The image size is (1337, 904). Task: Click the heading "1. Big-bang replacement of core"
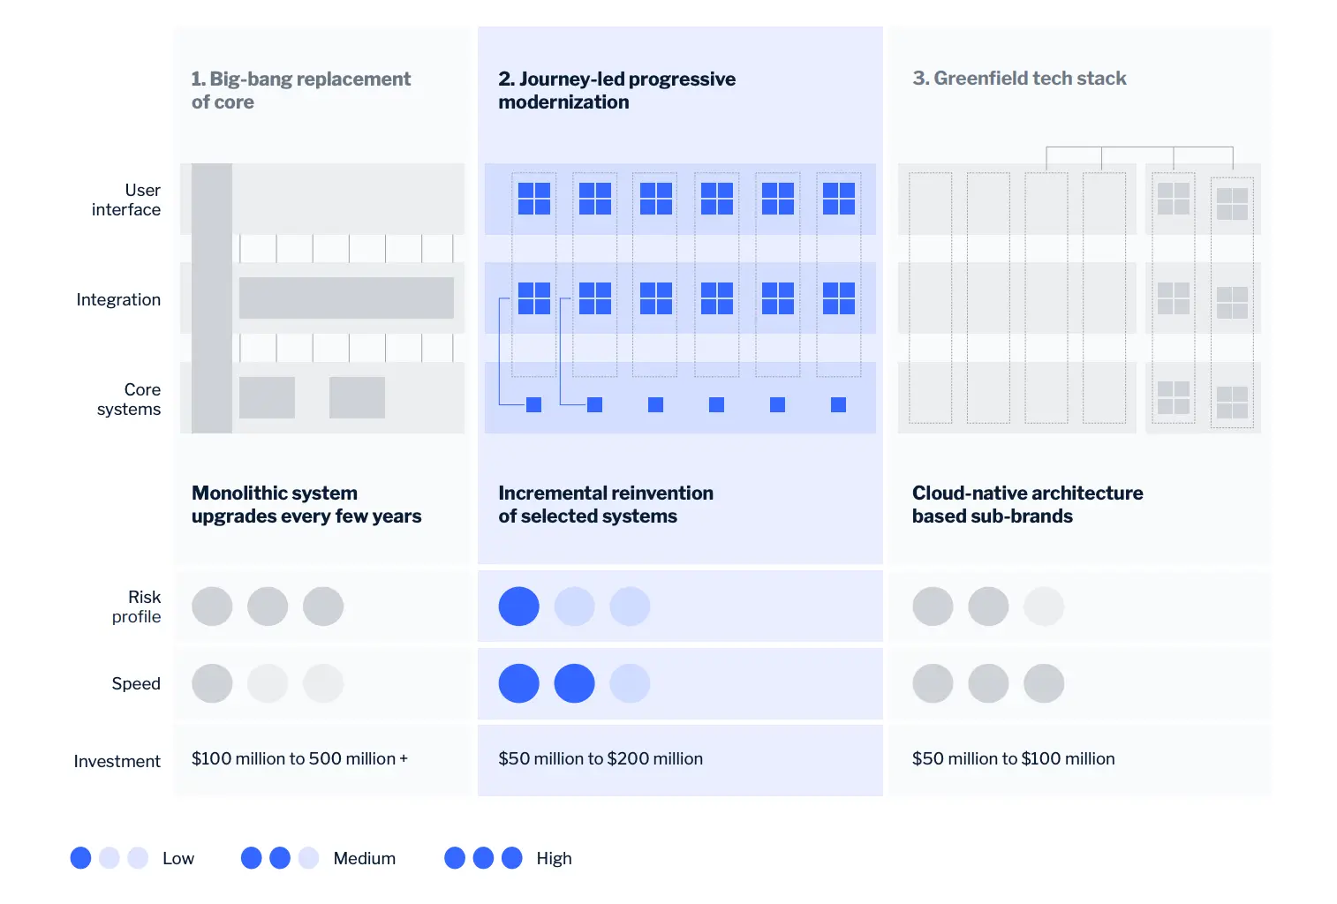[x=300, y=90]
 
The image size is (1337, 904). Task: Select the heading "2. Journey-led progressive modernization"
[x=616, y=90]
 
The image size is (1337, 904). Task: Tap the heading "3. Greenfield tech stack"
[x=1019, y=79]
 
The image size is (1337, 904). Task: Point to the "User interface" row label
[x=126, y=200]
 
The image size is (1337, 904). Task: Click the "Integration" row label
[x=118, y=299]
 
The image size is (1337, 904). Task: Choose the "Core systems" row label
[x=129, y=399]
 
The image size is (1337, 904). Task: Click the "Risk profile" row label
[x=137, y=606]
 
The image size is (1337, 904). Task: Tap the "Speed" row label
[x=136, y=683]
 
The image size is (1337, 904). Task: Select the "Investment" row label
[x=117, y=761]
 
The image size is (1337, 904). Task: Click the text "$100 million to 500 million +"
[x=299, y=758]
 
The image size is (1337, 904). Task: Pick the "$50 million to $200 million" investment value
[x=601, y=758]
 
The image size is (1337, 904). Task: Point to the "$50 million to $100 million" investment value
[x=1013, y=758]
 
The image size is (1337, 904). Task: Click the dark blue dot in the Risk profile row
[x=519, y=606]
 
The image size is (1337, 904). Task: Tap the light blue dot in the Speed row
[x=630, y=683]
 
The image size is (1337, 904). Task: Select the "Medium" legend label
[x=364, y=858]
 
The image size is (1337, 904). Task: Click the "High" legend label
[x=554, y=858]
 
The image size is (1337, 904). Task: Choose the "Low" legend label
[x=178, y=858]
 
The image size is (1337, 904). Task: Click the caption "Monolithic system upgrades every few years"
[x=306, y=504]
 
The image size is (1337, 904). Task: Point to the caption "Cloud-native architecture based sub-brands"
[x=1027, y=504]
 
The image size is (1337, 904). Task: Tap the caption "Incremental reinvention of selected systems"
[x=606, y=504]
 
